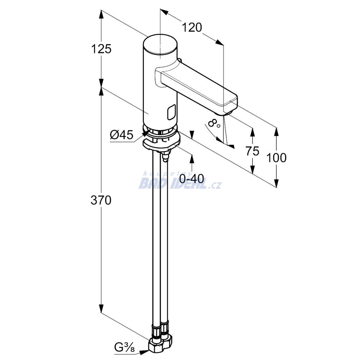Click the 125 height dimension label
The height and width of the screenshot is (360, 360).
click(x=101, y=49)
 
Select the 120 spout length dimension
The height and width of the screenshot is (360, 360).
click(x=192, y=27)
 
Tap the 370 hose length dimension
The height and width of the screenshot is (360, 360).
click(x=101, y=200)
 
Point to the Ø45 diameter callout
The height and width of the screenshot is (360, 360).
click(x=121, y=135)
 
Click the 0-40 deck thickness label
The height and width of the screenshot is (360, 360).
click(x=192, y=178)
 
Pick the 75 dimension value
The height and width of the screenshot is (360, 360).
click(x=252, y=151)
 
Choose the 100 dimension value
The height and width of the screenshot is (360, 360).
click(x=276, y=158)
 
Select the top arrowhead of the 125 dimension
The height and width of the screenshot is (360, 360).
click(x=101, y=15)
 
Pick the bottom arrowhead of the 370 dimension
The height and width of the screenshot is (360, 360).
click(x=101, y=307)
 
